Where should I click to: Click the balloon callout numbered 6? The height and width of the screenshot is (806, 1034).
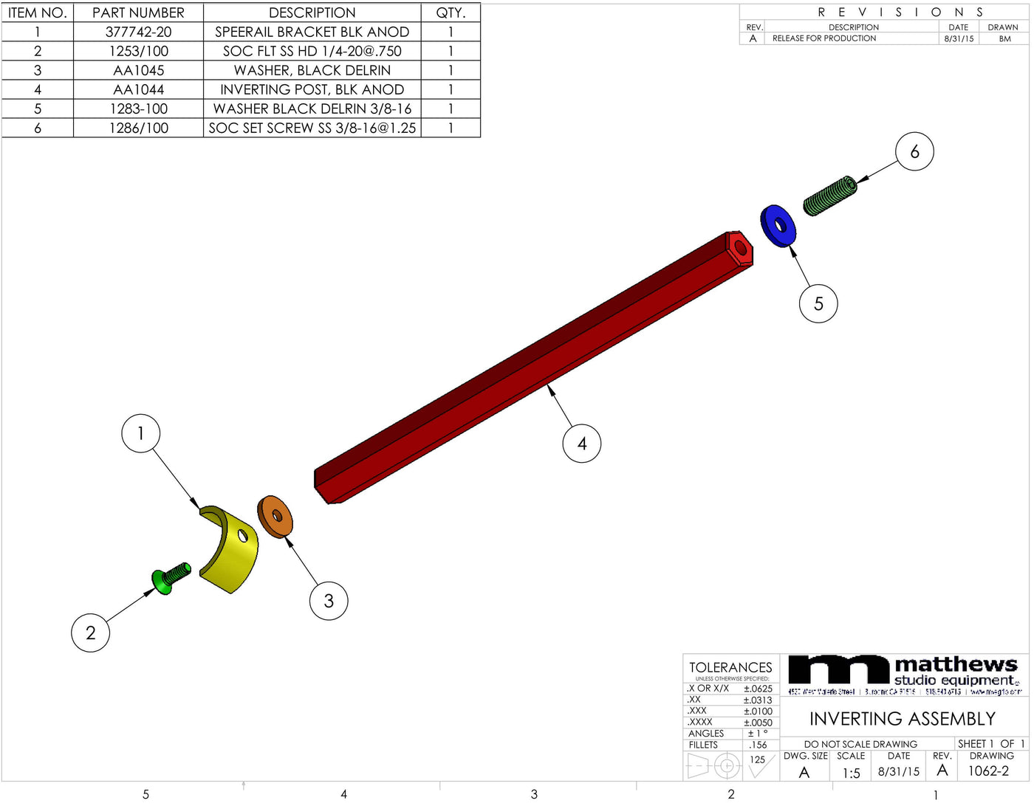(914, 152)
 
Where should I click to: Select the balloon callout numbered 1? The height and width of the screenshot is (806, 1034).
(140, 433)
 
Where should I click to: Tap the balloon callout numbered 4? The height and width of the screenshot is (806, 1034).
(582, 444)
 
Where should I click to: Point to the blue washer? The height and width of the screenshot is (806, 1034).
(778, 227)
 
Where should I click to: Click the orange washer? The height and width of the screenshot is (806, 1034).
(275, 517)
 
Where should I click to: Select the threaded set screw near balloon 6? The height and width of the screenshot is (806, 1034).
(829, 196)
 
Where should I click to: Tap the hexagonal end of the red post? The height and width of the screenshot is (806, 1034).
(739, 249)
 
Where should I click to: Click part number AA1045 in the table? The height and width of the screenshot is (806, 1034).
(139, 70)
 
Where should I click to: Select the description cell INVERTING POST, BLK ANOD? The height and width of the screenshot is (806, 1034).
(312, 89)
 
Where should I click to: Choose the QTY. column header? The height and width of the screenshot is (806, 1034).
(451, 13)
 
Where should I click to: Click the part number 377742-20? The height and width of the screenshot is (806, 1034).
(139, 32)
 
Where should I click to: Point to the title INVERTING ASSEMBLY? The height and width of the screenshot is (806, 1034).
(903, 719)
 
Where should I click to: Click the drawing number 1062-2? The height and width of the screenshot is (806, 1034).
(988, 771)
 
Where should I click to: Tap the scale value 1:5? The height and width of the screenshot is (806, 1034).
(851, 773)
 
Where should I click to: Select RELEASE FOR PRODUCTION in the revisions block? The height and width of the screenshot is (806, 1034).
(824, 38)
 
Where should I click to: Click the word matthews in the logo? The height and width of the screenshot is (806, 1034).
(956, 664)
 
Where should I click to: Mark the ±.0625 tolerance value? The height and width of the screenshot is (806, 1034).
(758, 689)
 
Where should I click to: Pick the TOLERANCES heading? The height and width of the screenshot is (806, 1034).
(730, 667)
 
